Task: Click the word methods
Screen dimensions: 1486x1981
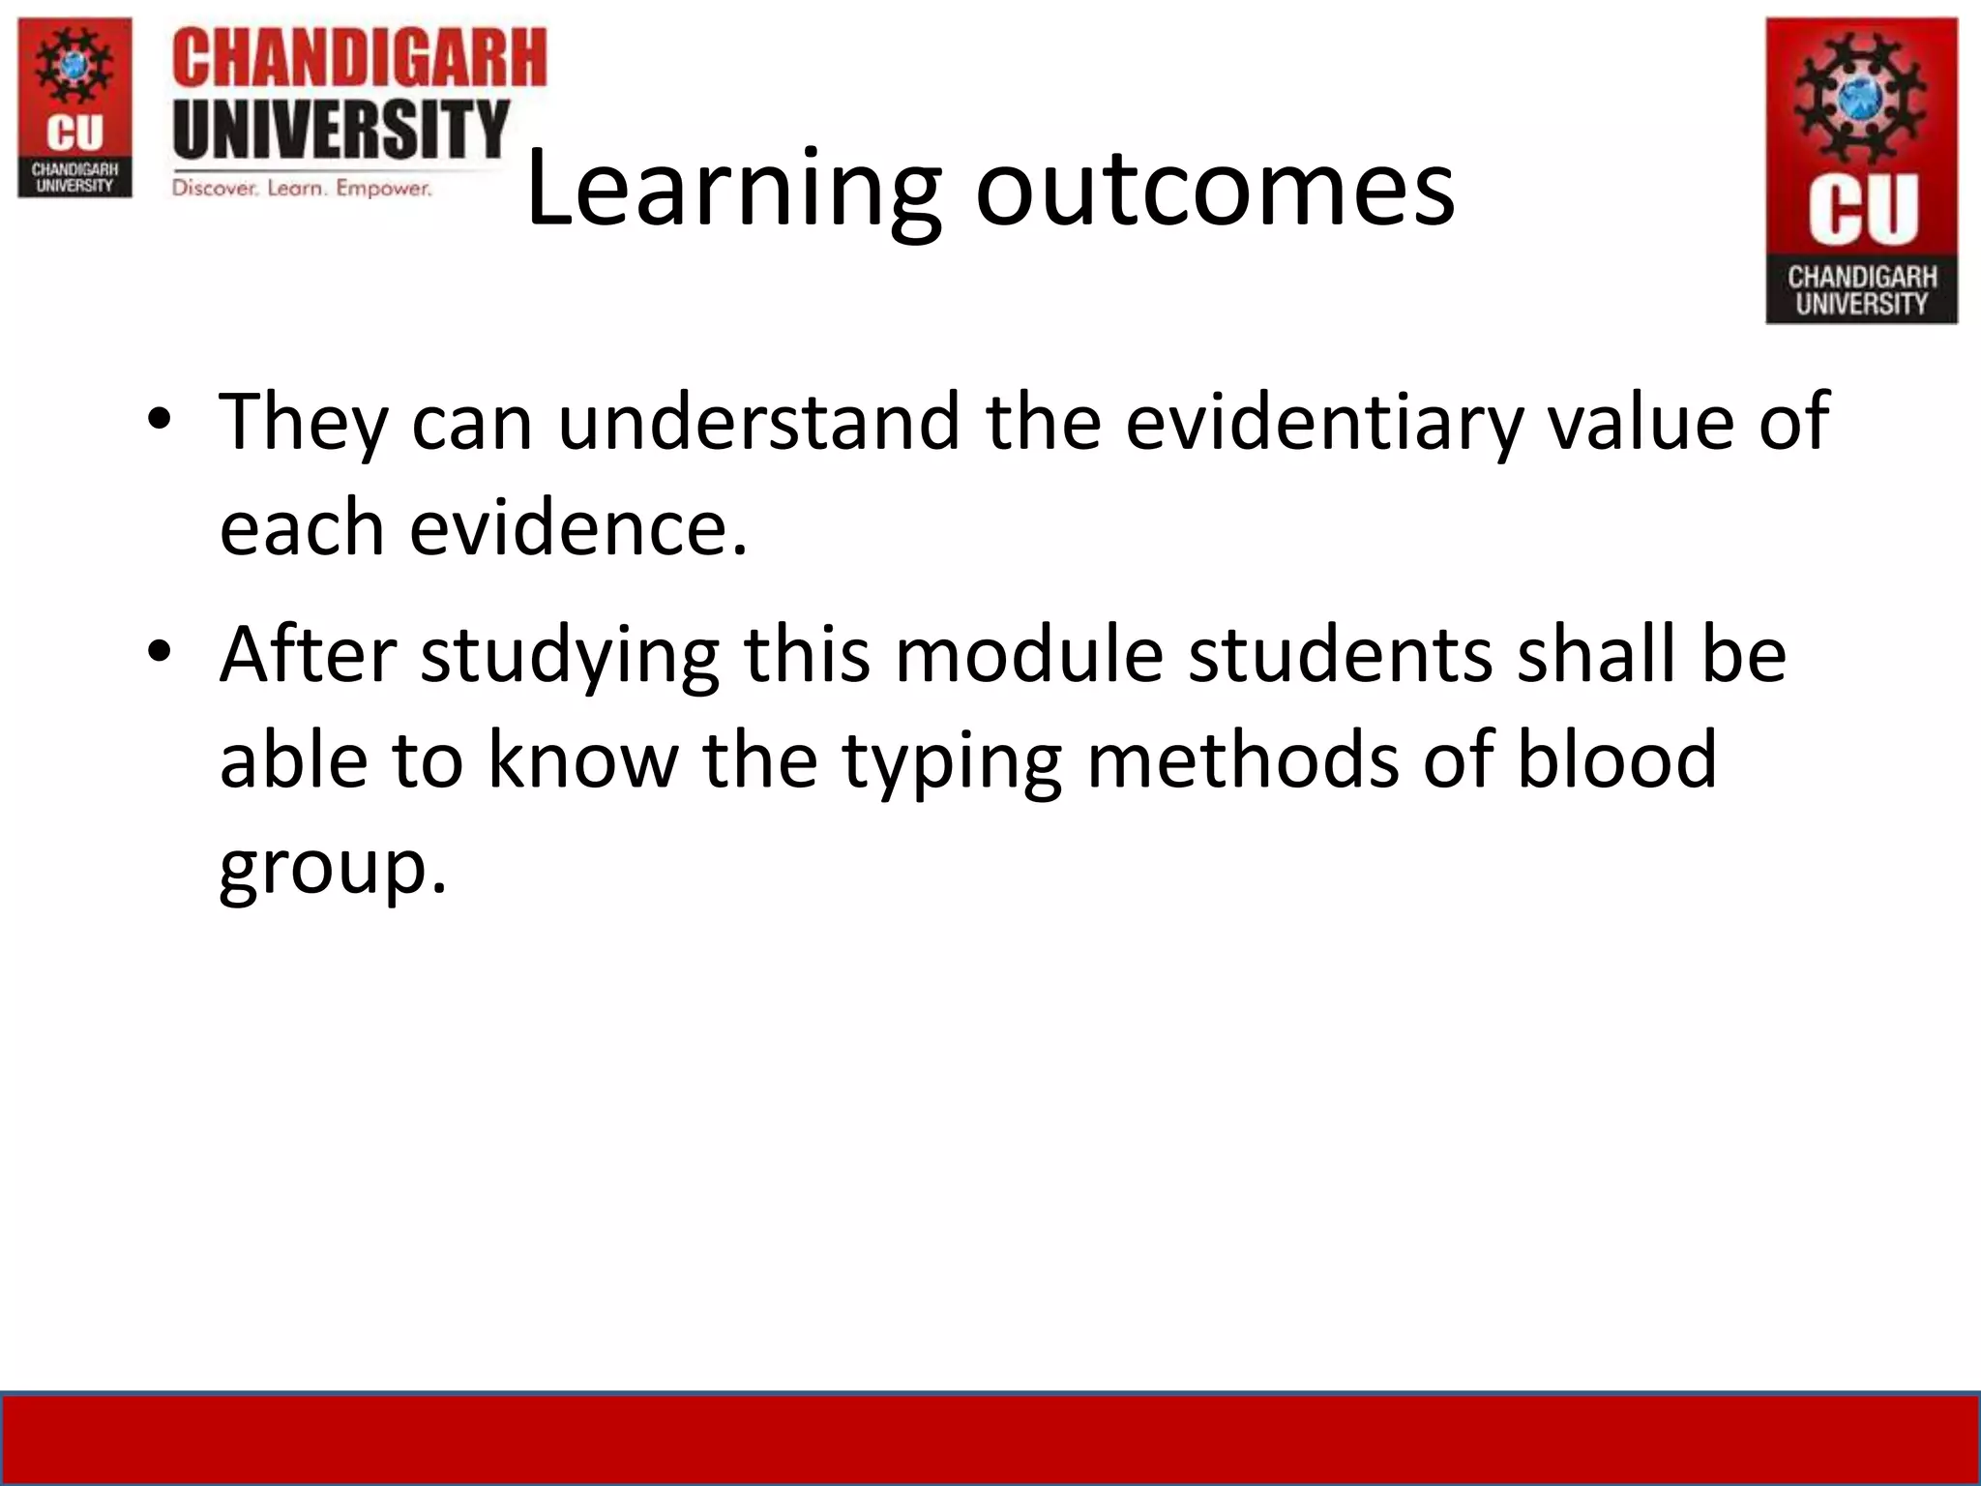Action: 1242,759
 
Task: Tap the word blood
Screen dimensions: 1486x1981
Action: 1616,759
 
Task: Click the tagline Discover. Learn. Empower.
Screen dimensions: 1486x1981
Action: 302,188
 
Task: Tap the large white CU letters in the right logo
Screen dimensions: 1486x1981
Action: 1862,208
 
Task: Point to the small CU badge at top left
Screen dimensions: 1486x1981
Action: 74,108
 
